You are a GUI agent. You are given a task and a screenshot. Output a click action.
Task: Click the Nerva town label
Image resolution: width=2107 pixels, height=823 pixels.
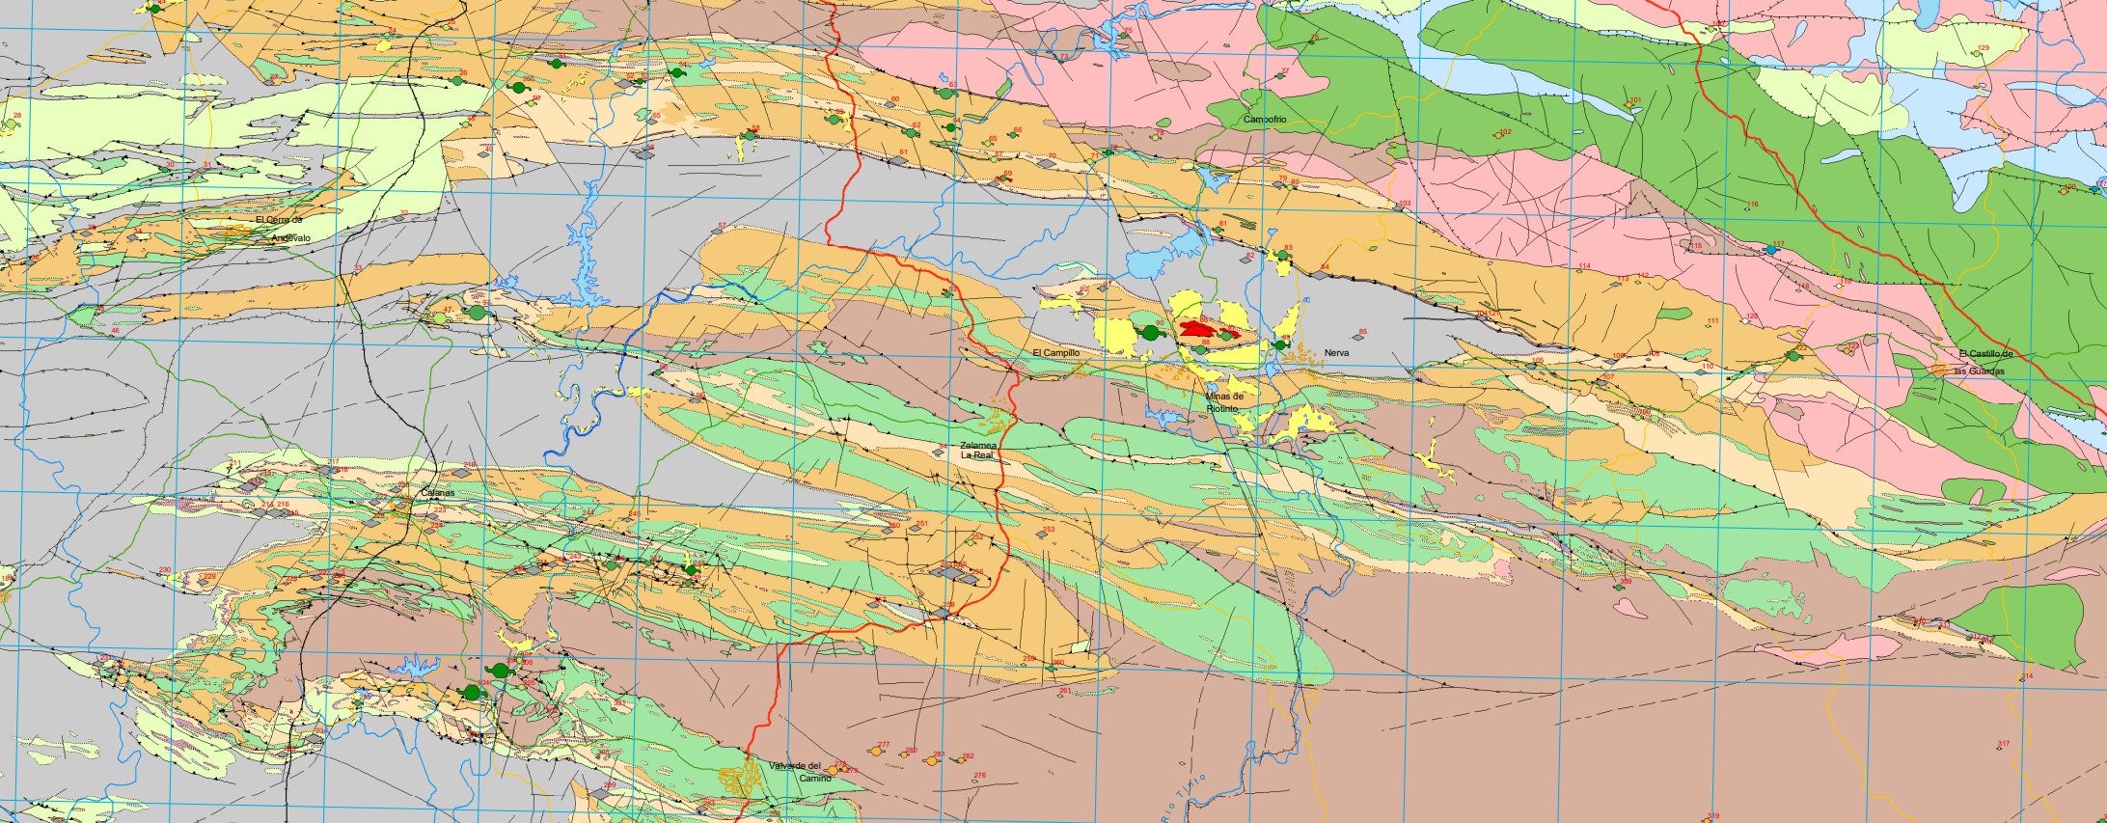pyautogui.click(x=1336, y=353)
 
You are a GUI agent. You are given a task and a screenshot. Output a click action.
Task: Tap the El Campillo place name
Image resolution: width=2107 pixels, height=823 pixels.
pyautogui.click(x=1055, y=353)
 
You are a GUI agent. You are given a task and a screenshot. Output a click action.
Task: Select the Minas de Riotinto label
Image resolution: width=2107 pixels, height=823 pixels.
pyautogui.click(x=1224, y=402)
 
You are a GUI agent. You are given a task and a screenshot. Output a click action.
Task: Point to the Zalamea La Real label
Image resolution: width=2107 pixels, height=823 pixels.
pyautogui.click(x=977, y=451)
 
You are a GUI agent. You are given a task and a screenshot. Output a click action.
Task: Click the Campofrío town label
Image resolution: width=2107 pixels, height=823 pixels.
pyautogui.click(x=1264, y=120)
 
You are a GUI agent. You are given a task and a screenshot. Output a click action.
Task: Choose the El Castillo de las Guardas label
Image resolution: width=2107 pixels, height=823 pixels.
pyautogui.click(x=1980, y=362)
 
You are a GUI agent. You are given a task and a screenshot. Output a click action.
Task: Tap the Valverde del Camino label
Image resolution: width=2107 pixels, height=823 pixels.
pyautogui.click(x=800, y=772)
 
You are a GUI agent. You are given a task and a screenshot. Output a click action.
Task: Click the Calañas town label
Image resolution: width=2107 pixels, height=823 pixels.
pyautogui.click(x=437, y=493)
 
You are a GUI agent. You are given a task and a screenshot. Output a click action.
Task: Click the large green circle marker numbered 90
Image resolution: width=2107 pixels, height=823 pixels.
pyautogui.click(x=1151, y=333)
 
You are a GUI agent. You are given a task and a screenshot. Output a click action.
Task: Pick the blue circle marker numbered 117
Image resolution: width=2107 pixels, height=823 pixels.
pyautogui.click(x=1771, y=250)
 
